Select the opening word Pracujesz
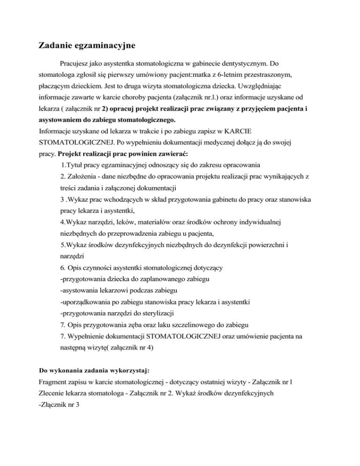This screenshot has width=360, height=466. pyautogui.click(x=76, y=63)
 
